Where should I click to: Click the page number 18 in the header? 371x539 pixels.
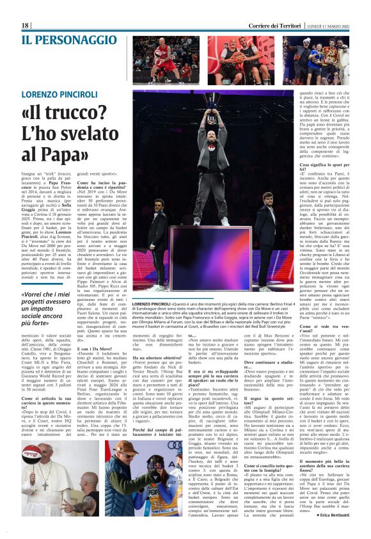coord(26,25)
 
